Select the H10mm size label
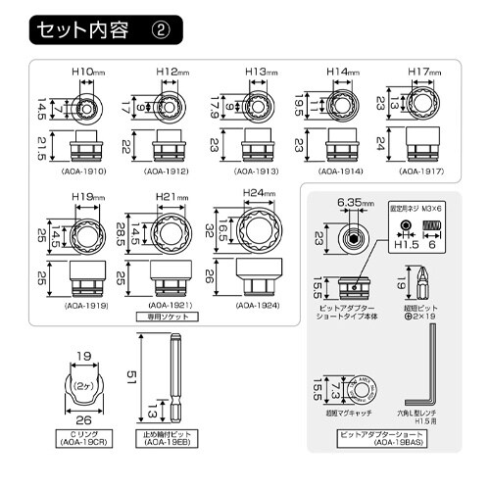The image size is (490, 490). tap(88, 73)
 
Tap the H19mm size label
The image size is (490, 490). tap(88, 198)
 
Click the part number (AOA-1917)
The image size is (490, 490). tap(421, 171)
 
